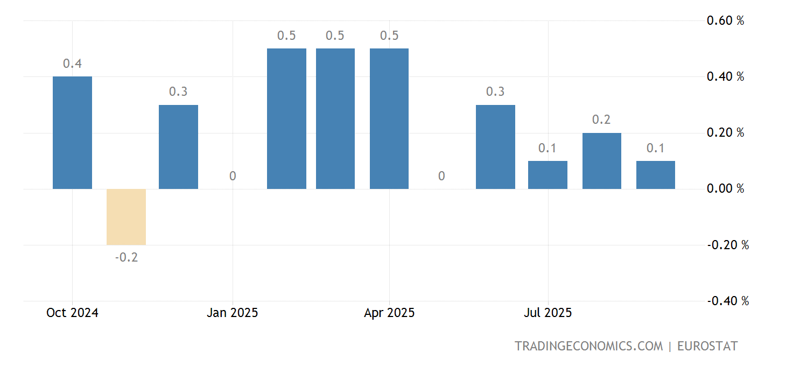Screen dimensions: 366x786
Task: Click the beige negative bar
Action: (126, 217)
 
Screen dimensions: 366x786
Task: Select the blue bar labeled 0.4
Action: (72, 132)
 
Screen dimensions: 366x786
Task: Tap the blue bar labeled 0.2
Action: (601, 161)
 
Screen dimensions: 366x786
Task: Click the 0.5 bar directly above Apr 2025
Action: (389, 118)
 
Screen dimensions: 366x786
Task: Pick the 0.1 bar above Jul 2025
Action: (548, 175)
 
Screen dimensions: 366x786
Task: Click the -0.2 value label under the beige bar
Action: (126, 257)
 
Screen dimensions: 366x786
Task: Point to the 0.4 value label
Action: (72, 64)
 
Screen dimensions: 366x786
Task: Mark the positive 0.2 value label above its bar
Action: (601, 120)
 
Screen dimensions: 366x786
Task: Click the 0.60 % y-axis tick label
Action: (725, 21)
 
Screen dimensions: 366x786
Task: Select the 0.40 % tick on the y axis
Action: (725, 77)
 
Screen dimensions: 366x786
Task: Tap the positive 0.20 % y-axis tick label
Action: (725, 133)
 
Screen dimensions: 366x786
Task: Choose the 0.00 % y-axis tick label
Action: (725, 189)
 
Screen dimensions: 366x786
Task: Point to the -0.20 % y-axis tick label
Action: (727, 245)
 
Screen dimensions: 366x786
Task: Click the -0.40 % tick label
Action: (727, 301)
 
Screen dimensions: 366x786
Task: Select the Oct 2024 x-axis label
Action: (72, 313)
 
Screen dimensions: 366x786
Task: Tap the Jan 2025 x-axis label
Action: (233, 313)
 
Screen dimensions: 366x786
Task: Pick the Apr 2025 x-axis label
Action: (389, 313)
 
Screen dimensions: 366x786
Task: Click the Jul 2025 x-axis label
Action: (548, 313)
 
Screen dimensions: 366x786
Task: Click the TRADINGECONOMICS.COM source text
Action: (588, 346)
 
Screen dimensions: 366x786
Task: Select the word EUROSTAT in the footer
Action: (707, 346)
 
